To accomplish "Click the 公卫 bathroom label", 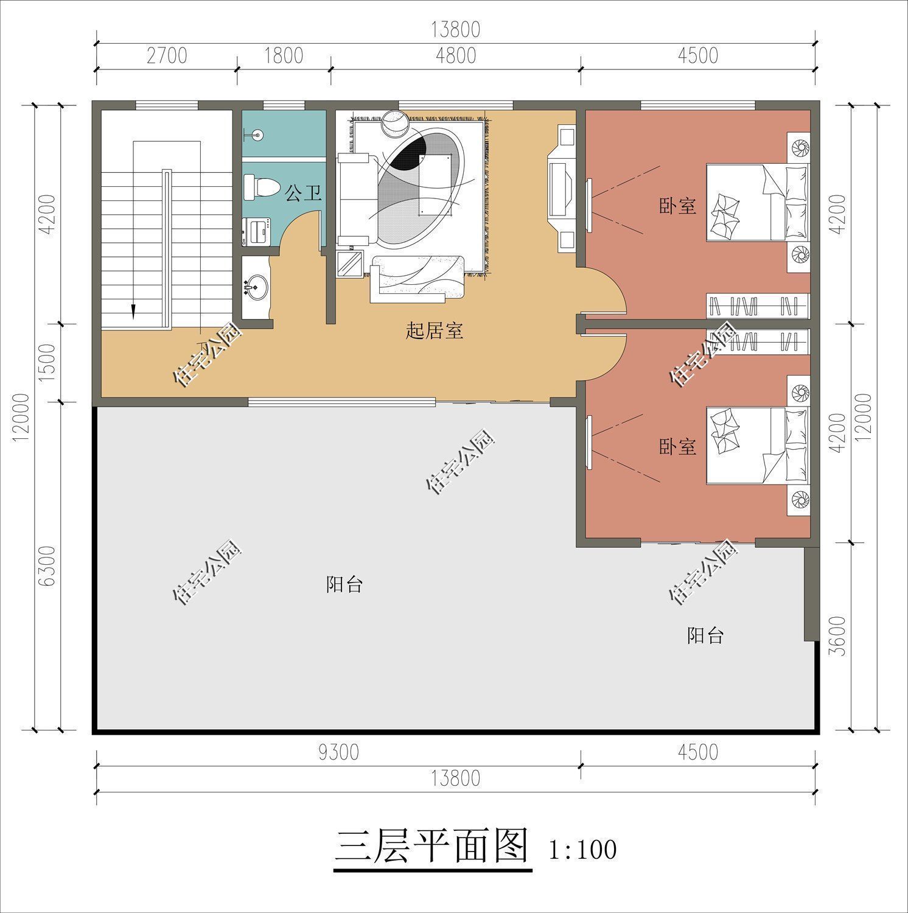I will (303, 194).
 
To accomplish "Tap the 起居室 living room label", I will (435, 331).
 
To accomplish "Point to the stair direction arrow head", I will (131, 312).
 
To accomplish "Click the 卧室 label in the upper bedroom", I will (677, 206).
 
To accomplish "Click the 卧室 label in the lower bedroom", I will (677, 447).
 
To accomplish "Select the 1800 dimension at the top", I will (284, 55).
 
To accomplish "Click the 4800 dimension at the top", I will (456, 55).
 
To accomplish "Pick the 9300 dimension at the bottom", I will (338, 752).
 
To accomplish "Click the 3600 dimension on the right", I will (839, 636).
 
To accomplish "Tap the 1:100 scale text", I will (582, 850).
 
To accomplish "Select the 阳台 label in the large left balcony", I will (344, 585).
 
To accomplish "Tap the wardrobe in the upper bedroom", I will (758, 304).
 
